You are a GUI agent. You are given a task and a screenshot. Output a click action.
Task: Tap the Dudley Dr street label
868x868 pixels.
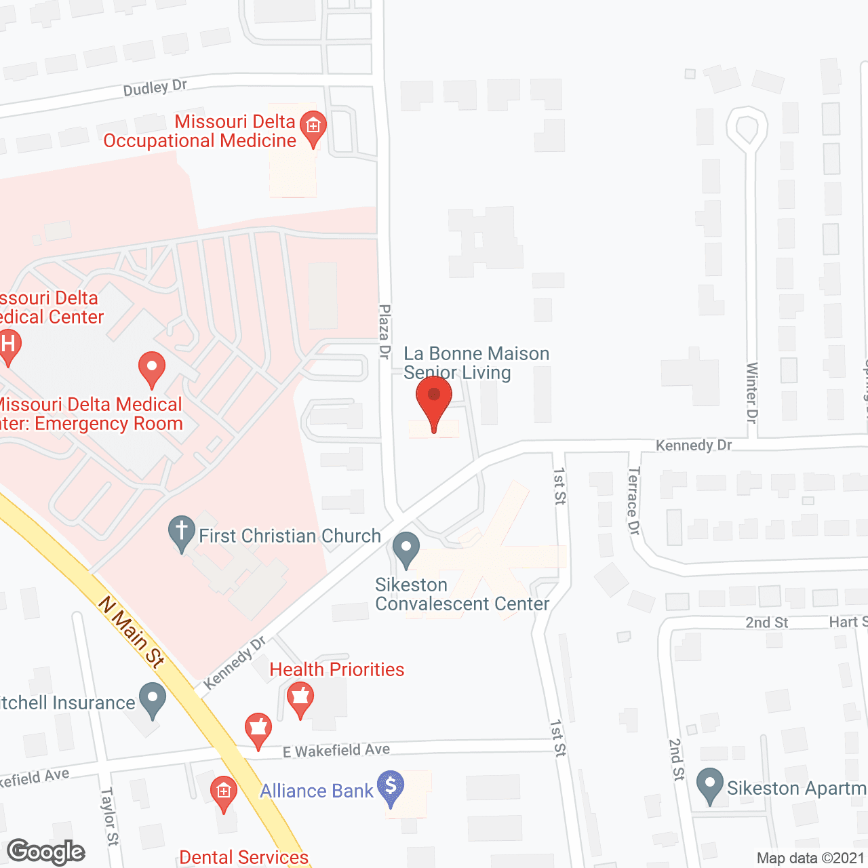click(x=155, y=87)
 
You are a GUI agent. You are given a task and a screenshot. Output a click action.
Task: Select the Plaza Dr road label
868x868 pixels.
click(x=384, y=332)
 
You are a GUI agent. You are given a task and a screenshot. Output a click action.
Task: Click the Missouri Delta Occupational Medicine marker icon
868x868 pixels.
click(x=313, y=127)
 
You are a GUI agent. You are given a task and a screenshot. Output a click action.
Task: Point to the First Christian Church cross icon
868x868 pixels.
click(x=181, y=533)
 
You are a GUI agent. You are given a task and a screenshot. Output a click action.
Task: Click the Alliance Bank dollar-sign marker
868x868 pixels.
click(x=391, y=787)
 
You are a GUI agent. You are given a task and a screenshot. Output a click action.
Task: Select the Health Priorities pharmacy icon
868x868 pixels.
click(x=300, y=698)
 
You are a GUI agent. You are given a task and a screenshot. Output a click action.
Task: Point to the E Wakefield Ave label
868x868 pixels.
click(x=336, y=750)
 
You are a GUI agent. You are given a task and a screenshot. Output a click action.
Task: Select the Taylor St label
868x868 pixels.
click(x=109, y=816)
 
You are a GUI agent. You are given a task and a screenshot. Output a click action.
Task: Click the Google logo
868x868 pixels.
click(x=45, y=852)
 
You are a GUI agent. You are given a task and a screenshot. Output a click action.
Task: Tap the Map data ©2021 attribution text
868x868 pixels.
click(x=810, y=858)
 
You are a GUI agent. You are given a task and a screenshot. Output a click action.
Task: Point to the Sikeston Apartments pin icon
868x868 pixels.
click(x=710, y=785)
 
